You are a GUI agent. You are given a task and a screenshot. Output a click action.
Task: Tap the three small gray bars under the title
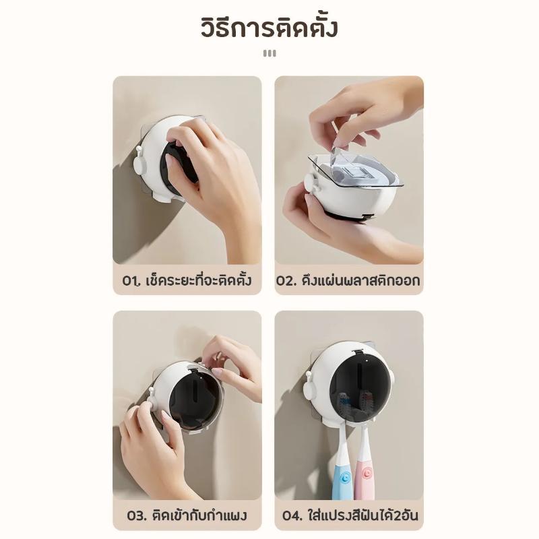[269, 53]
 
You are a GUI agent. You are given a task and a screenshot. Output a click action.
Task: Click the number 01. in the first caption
[132, 281]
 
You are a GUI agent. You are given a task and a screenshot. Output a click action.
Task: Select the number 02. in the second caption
[286, 281]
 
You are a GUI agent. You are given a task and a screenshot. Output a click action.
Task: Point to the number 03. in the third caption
[137, 515]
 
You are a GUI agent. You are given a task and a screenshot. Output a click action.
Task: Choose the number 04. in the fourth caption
[293, 515]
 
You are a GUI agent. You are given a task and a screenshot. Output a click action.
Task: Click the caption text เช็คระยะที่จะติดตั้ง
[199, 280]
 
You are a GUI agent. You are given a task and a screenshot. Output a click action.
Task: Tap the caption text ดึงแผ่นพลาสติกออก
[361, 280]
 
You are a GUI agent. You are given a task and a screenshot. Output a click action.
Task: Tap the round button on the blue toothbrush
[345, 477]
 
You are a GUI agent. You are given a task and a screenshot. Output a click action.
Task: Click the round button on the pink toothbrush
[367, 474]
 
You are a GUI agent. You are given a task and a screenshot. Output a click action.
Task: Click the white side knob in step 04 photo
[309, 385]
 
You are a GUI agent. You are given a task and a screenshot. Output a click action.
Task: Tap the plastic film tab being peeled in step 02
[335, 156]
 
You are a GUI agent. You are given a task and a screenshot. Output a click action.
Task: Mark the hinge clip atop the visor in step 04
[359, 352]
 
